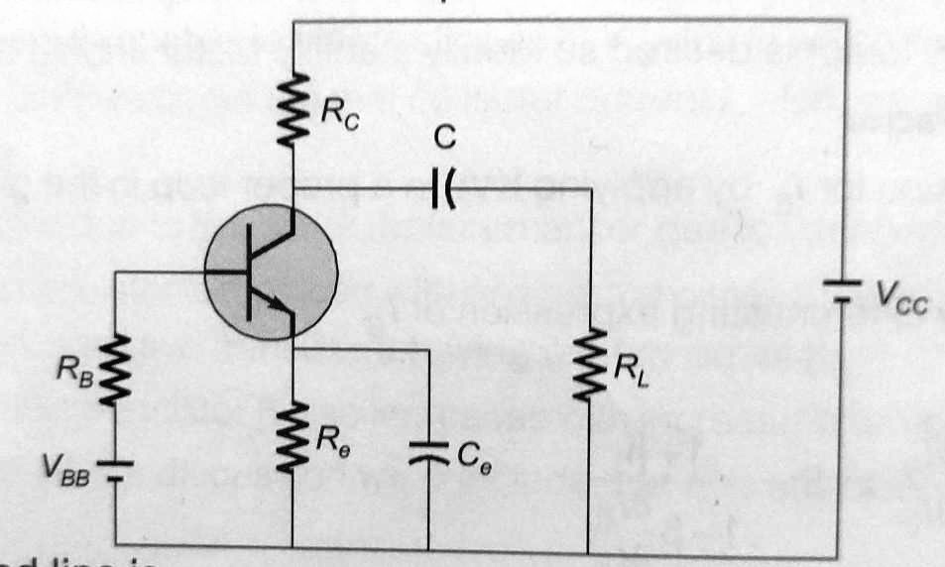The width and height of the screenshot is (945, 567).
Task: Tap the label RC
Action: [x=334, y=110]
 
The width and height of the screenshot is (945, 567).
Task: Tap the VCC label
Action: [x=898, y=296]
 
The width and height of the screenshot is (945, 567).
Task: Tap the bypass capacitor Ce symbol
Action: [x=427, y=455]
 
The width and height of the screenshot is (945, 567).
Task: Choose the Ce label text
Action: [x=467, y=455]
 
